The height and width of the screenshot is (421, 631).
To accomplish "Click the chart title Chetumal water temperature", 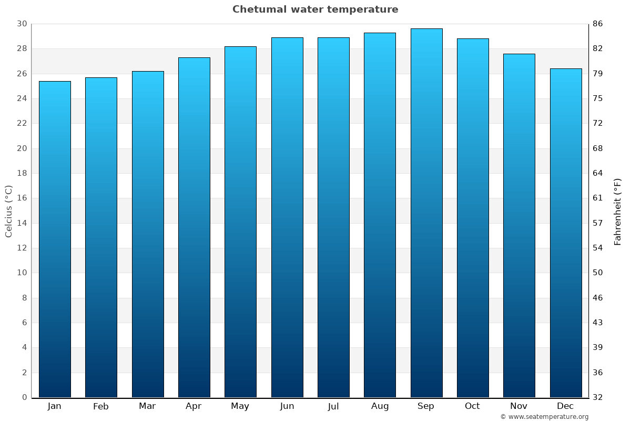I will tap(315, 9).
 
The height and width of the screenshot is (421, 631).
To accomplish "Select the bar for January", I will tap(55, 239).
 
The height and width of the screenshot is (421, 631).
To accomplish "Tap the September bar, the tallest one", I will tap(426, 213).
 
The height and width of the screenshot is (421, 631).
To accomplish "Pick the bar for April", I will tap(194, 227).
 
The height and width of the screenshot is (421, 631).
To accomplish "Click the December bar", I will tap(565, 233).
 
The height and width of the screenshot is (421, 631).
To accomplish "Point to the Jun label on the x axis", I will tap(287, 406).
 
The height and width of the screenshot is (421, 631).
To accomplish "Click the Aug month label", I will tap(380, 406).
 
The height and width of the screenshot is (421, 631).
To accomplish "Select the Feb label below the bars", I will tap(101, 406).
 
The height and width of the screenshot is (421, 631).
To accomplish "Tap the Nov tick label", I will tap(519, 406).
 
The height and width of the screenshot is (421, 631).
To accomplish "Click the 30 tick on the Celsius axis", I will tap(22, 24).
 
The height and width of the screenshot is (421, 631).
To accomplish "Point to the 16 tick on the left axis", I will tap(22, 198).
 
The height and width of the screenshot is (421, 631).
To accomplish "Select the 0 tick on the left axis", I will tap(24, 397).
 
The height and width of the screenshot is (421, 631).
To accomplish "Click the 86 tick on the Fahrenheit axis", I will tap(598, 24).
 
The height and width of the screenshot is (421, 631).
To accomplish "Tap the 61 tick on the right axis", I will tap(598, 198).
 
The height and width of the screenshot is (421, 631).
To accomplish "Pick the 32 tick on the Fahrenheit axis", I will tap(598, 397).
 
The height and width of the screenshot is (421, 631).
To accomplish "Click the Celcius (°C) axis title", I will tap(9, 211).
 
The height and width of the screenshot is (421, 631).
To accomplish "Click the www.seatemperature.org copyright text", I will tap(544, 417).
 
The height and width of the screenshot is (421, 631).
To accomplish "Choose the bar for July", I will tap(333, 217).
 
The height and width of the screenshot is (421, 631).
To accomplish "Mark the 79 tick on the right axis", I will tap(598, 74).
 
